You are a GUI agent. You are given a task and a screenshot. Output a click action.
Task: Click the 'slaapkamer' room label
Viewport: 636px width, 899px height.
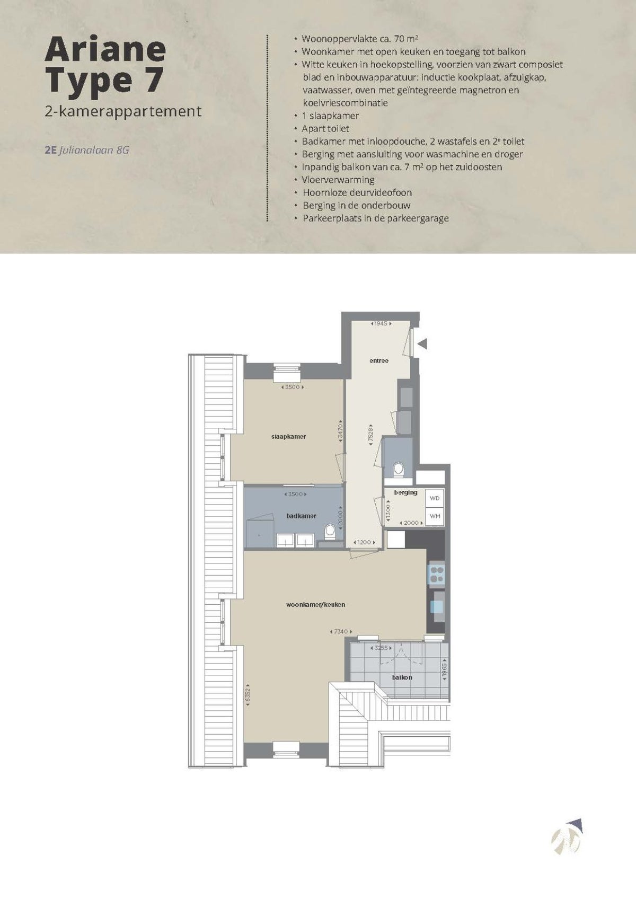pos(288,437)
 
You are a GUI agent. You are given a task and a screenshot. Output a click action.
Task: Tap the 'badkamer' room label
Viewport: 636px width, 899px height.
pos(302,516)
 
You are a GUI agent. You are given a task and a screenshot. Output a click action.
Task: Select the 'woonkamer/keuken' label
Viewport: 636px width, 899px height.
pos(315,605)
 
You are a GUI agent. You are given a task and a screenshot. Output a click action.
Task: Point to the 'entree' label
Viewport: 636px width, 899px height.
pos(379,361)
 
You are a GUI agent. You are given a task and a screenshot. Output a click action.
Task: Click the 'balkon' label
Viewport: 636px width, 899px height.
pos(402,677)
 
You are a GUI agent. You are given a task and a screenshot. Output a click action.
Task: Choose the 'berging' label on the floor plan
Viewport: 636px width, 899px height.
pos(405,492)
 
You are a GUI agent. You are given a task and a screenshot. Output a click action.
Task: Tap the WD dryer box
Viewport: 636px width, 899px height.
pos(435,498)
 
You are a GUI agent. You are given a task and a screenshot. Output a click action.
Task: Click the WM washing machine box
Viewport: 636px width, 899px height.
pos(435,516)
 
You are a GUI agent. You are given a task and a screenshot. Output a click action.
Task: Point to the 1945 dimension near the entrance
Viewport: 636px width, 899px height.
pos(381,323)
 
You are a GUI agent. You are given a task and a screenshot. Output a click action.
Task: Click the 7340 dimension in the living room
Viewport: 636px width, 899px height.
pos(341,632)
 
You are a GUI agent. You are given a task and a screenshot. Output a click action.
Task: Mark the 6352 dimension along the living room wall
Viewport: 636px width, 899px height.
pos(248,695)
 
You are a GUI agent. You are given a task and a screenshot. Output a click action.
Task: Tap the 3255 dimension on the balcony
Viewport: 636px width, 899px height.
pos(381,648)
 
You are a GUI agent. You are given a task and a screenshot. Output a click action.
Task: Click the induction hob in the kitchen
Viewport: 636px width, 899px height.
pos(437,574)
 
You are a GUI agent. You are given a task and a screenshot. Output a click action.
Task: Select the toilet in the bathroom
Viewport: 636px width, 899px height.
pos(330,531)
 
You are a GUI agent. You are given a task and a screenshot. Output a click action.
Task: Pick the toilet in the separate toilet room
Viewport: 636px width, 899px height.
pos(398,470)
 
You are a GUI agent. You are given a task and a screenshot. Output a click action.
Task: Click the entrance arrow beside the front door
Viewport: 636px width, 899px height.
pos(422,343)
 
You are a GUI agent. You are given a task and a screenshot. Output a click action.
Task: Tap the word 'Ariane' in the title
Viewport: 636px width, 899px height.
pos(105,50)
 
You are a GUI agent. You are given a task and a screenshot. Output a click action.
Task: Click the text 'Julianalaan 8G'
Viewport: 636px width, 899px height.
pos(94,151)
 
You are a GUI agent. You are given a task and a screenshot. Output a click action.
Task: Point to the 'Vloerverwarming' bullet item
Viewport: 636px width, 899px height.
pos(338,180)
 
